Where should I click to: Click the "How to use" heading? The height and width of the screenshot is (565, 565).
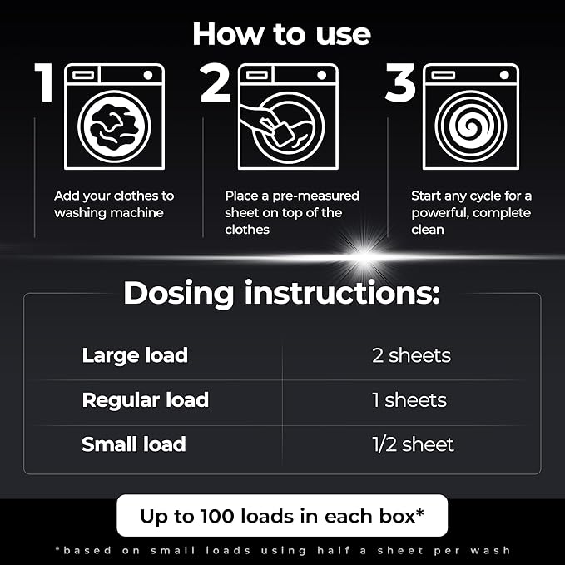point(282,34)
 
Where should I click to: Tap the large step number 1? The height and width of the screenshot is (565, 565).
point(44,82)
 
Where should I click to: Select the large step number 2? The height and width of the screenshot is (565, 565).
point(216,82)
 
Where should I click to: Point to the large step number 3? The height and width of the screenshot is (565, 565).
point(400,82)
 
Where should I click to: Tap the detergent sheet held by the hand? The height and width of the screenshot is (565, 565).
point(284,135)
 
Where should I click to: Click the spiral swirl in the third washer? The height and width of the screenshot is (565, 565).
point(471,126)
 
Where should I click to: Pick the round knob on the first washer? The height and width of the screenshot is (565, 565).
point(148,75)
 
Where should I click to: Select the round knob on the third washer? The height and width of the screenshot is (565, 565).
point(504,75)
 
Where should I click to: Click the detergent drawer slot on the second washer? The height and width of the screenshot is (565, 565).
point(257,75)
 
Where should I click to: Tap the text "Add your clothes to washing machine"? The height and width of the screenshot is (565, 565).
point(114,204)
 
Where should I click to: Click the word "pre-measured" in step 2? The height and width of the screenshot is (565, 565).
point(315,196)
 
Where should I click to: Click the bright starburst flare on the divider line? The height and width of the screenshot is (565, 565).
point(364,256)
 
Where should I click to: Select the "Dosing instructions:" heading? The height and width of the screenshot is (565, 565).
point(282,293)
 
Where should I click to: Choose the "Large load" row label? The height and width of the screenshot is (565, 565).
point(135,355)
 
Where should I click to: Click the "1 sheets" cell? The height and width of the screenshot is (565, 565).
point(409,400)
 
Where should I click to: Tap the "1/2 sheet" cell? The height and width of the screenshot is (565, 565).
point(414,444)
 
